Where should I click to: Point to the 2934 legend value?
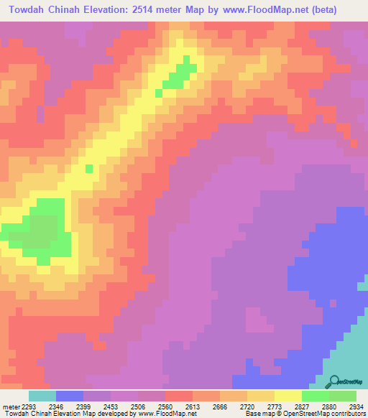pyautogui.click(x=355, y=406)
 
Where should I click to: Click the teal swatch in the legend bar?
pyautogui.click(x=42, y=396)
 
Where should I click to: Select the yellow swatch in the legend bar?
pyautogui.click(x=288, y=396)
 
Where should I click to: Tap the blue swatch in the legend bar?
pyautogui.click(x=70, y=396)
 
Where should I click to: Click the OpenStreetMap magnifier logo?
pyautogui.click(x=333, y=383)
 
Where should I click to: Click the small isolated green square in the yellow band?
pyautogui.click(x=89, y=169)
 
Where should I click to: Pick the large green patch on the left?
pyautogui.click(x=43, y=230)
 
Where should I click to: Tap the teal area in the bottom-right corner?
pyautogui.click(x=352, y=345)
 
